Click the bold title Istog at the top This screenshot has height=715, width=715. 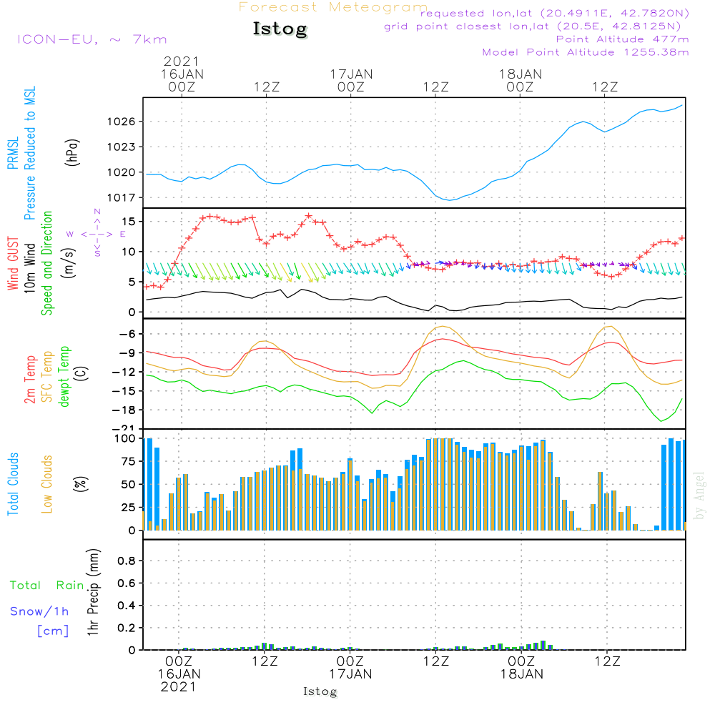[x=280, y=29]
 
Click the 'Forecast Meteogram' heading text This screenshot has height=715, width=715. [x=333, y=7]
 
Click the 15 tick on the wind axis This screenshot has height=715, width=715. [x=129, y=222]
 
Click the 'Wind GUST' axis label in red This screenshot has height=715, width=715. [x=14, y=263]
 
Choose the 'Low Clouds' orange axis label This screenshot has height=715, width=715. [x=47, y=484]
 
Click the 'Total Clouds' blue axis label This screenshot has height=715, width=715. [x=14, y=484]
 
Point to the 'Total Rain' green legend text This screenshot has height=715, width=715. [x=47, y=585]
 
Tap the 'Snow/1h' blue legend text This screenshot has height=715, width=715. [x=40, y=611]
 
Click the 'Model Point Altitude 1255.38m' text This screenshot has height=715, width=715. [x=586, y=52]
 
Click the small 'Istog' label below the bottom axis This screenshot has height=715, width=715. [x=320, y=691]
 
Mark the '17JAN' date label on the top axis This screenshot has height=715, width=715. [x=350, y=74]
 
